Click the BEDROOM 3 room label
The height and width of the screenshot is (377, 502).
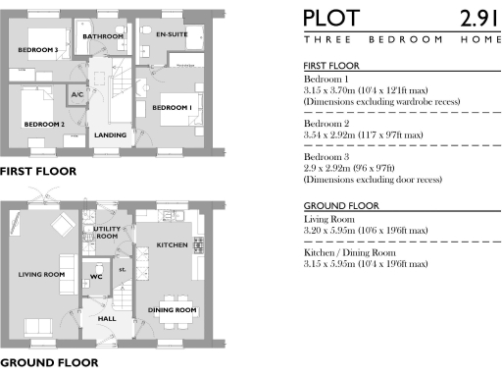coord(38,49)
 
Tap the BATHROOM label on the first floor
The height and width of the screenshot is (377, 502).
coord(103,36)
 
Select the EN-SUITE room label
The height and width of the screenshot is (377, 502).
coord(172,34)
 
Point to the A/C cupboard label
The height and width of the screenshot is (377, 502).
coord(77,94)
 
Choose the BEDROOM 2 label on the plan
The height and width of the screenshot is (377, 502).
coord(44,125)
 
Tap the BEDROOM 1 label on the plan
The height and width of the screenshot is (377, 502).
coord(171,106)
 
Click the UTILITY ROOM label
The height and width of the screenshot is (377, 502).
coord(106,232)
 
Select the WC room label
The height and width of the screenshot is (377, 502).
coord(95,276)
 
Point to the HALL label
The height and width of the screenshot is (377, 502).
coord(107,319)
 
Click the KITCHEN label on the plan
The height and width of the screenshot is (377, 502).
coord(172,244)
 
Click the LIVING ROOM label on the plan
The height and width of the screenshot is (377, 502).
coord(41,274)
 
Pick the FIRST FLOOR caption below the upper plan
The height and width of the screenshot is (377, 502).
coord(37,171)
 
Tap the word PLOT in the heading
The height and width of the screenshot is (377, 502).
coord(331,19)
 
